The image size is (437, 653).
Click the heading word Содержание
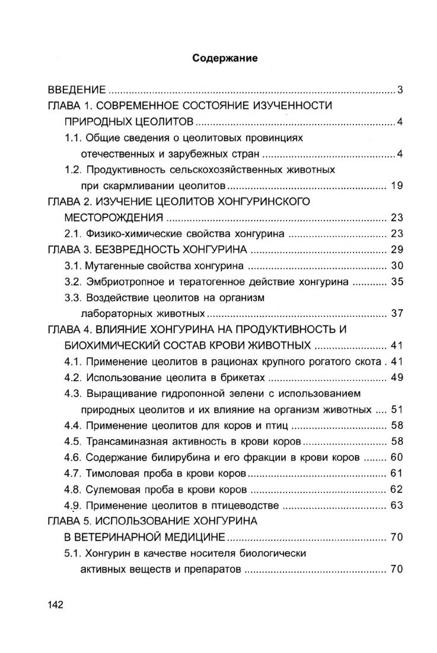pyautogui.click(x=225, y=59)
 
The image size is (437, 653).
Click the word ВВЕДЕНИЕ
pyautogui.click(x=77, y=90)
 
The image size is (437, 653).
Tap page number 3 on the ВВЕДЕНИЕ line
pyautogui.click(x=400, y=90)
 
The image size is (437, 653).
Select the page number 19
pyautogui.click(x=397, y=185)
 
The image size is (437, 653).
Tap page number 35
pyautogui.click(x=397, y=281)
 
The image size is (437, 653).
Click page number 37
pyautogui.click(x=397, y=313)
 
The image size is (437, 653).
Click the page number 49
pyautogui.click(x=397, y=377)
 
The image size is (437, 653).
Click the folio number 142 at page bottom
pyautogui.click(x=55, y=604)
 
